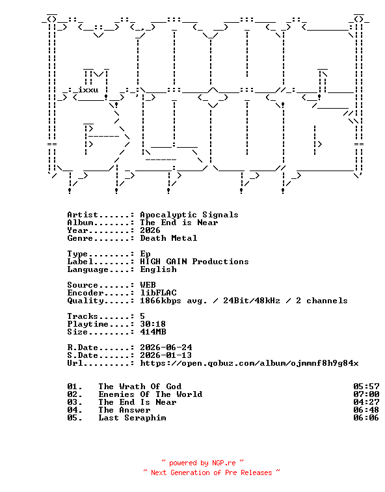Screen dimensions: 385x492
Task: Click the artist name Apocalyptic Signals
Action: click(x=189, y=215)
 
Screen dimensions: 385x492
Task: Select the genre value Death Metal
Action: click(x=168, y=238)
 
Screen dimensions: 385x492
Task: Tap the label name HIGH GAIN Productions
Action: click(x=194, y=262)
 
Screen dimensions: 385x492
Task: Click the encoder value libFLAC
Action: click(x=158, y=293)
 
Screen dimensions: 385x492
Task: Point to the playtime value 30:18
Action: click(x=153, y=324)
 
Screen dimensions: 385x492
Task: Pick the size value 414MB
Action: click(x=153, y=332)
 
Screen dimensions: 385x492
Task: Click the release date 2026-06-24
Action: click(x=166, y=348)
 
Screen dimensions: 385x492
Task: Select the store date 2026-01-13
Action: click(x=166, y=355)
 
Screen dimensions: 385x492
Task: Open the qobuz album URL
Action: click(x=249, y=363)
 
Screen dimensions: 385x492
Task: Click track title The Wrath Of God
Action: click(x=140, y=387)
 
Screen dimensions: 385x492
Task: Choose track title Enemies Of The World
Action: click(x=150, y=394)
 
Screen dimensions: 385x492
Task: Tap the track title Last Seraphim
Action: click(x=132, y=418)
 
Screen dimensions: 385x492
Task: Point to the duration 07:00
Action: click(x=366, y=394)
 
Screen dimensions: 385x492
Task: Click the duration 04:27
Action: click(x=366, y=402)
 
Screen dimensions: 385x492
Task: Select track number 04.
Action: click(x=75, y=410)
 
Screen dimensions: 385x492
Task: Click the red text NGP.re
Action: click(x=224, y=463)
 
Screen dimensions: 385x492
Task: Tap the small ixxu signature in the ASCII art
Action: click(x=88, y=90)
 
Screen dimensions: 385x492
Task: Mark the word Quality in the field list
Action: click(x=85, y=301)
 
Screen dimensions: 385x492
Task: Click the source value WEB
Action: click(x=148, y=285)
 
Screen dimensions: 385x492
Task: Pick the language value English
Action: click(x=158, y=269)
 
